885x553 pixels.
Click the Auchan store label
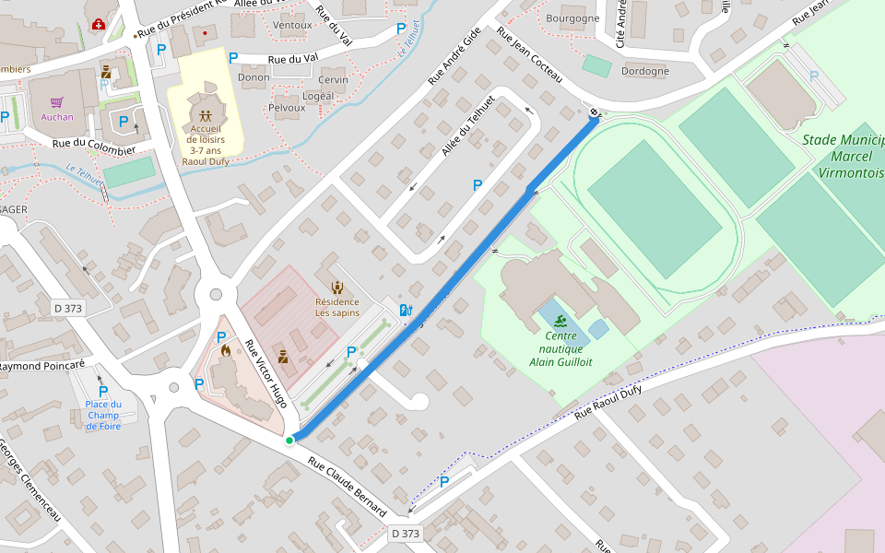pos(56,117)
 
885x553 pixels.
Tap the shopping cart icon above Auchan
pos(57,102)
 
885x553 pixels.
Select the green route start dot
pos(289,441)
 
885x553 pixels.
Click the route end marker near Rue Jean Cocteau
pos(594,113)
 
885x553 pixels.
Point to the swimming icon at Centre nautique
pos(560,321)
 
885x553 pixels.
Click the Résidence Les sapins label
pos(337,307)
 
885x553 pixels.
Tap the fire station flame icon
pos(226,350)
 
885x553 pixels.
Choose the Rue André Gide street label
pos(454,57)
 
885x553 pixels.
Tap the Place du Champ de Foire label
pos(103,415)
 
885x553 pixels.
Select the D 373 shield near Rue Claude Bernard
pos(405,534)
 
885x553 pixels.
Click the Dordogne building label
pos(645,71)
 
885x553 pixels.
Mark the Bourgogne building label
pos(572,18)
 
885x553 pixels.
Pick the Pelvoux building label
pos(286,108)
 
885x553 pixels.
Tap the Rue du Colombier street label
pos(94,147)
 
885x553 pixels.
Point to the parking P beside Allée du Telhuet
pos(478,185)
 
